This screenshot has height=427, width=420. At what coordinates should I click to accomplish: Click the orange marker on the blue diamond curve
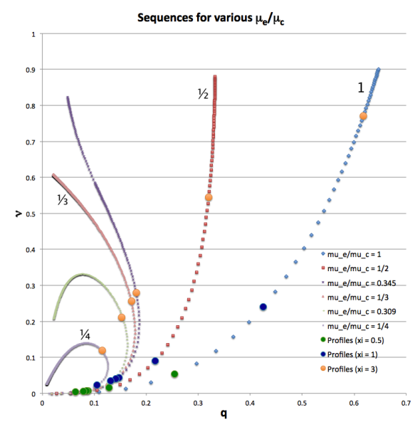[363, 116]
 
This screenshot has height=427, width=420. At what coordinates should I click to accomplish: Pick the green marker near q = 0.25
[174, 374]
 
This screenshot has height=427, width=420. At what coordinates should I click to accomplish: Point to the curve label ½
[202, 93]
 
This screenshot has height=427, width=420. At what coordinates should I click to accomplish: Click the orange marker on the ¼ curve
[103, 351]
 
